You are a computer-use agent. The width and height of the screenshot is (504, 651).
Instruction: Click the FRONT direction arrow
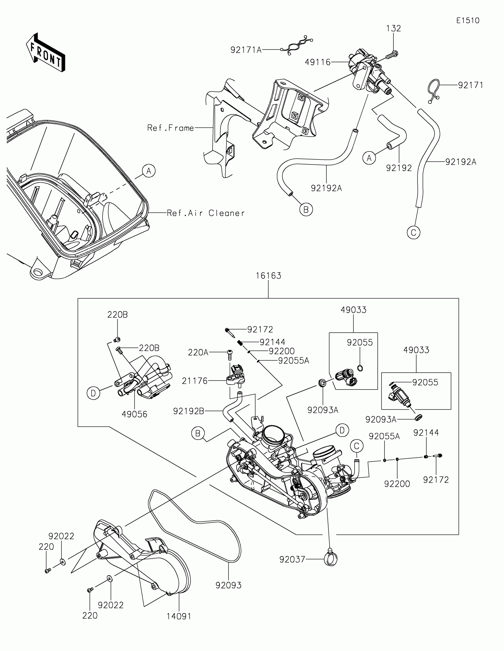tap(45, 53)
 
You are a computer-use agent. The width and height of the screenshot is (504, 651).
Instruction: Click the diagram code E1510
tap(468, 20)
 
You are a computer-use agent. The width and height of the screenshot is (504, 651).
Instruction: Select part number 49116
tap(318, 62)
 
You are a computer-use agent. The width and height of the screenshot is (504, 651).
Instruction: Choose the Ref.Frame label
tap(170, 128)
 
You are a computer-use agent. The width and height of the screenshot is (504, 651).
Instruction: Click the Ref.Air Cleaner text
tap(206, 213)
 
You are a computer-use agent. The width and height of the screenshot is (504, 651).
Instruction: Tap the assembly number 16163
tap(268, 276)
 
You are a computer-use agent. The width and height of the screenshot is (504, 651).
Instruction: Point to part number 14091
tap(179, 616)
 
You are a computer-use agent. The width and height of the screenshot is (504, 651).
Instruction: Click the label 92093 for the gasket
tap(228, 585)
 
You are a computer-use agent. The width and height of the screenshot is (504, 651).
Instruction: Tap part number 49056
tap(134, 414)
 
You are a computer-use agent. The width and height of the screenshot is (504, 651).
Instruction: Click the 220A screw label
tap(198, 353)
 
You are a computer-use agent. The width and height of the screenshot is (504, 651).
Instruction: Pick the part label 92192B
tap(189, 411)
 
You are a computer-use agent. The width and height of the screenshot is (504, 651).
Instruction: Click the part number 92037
tap(292, 559)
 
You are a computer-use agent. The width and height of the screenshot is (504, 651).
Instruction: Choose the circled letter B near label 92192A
tap(306, 210)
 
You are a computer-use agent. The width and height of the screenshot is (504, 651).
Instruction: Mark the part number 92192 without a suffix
tap(399, 168)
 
